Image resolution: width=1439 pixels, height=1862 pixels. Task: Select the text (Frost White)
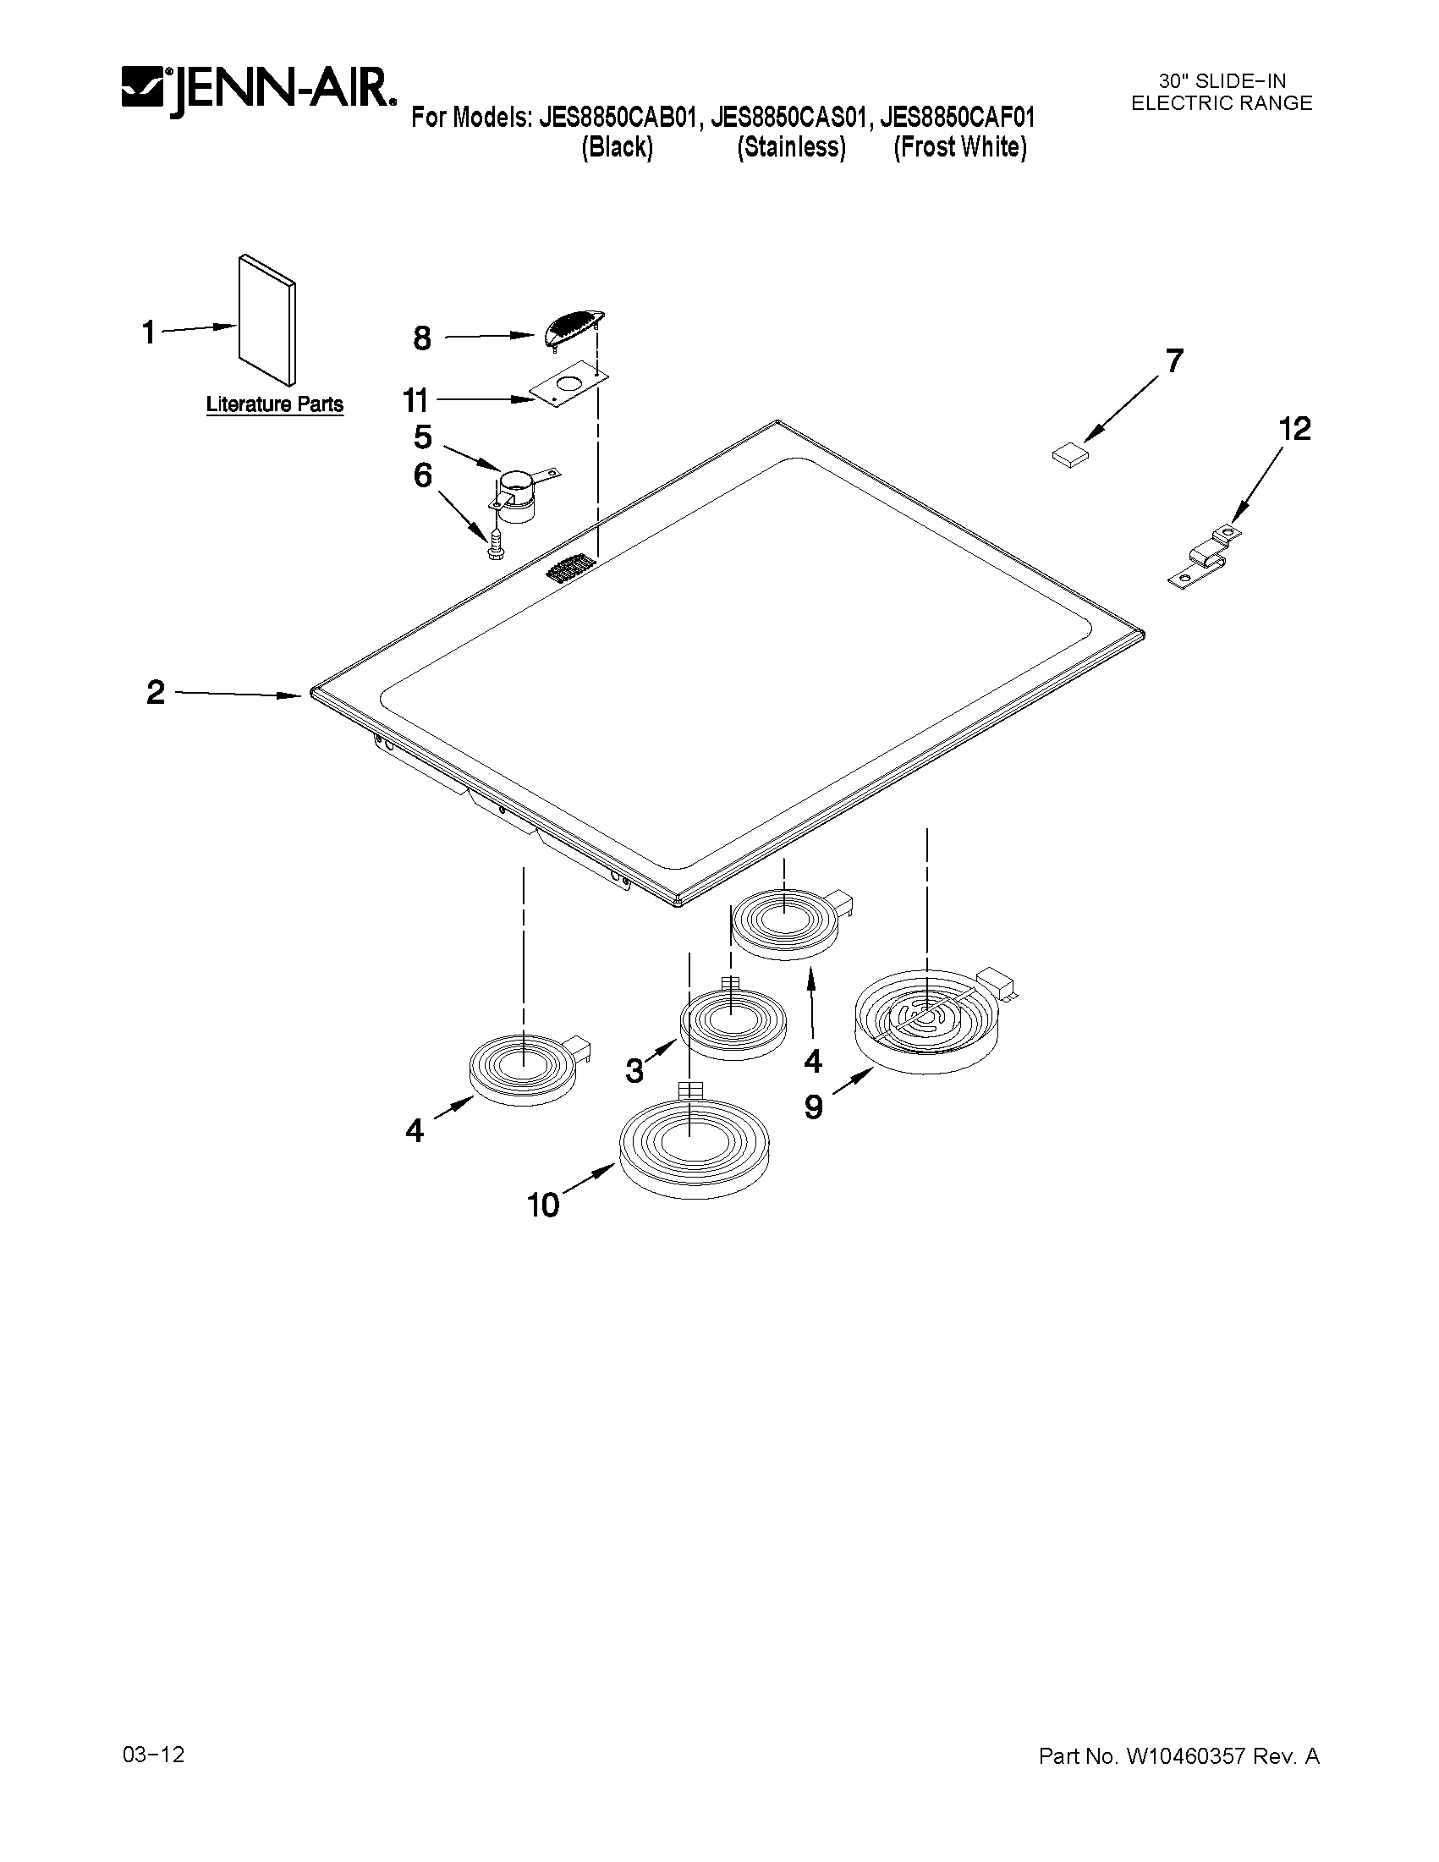pyautogui.click(x=960, y=148)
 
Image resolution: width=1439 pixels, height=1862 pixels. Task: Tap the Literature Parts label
pyautogui.click(x=274, y=404)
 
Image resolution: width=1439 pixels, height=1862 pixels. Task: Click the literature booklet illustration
pyautogui.click(x=267, y=319)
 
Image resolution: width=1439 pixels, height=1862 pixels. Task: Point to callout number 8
pyautogui.click(x=422, y=339)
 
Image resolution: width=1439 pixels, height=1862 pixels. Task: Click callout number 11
pyautogui.click(x=416, y=400)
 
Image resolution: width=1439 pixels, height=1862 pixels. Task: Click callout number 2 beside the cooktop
pyautogui.click(x=155, y=692)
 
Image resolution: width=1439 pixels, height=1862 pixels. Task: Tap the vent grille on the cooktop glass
pyautogui.click(x=568, y=568)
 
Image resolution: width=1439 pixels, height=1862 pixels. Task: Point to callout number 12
pyautogui.click(x=1294, y=429)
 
